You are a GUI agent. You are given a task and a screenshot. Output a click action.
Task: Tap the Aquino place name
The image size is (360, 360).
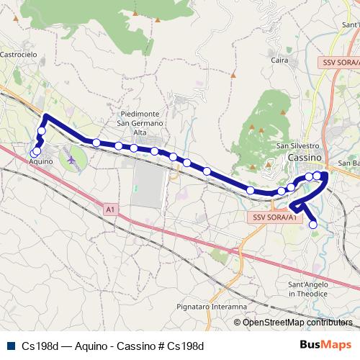(x=41, y=162)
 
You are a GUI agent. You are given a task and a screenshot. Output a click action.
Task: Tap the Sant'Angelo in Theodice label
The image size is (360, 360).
(x=308, y=289)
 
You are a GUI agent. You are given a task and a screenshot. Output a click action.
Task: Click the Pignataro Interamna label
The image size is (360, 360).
(x=214, y=307)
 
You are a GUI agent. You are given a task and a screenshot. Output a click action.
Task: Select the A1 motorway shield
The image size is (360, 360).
(x=109, y=210)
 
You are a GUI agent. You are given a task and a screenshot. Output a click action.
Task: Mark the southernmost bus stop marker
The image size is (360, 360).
(x=313, y=225)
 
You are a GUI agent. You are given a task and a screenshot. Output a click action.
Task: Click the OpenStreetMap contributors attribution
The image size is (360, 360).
(x=297, y=323)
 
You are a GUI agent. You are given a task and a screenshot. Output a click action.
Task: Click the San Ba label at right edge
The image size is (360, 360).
(x=350, y=163)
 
